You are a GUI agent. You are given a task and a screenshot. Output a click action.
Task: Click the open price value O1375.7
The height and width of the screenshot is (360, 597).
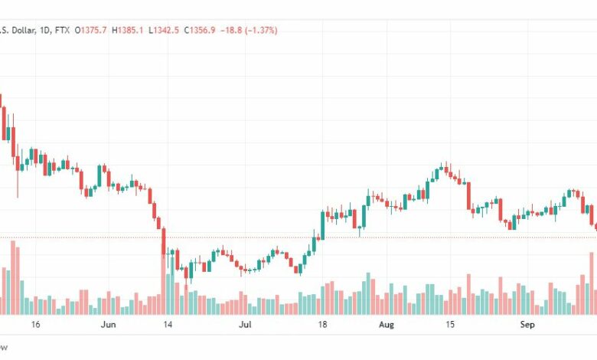pyautogui.click(x=90, y=30)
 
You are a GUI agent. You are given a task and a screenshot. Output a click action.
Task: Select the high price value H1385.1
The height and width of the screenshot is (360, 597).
pyautogui.click(x=128, y=30)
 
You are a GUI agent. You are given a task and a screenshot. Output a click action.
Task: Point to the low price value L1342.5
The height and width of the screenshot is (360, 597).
pyautogui.click(x=164, y=30)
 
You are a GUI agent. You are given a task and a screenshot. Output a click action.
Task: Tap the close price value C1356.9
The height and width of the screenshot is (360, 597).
pyautogui.click(x=200, y=30)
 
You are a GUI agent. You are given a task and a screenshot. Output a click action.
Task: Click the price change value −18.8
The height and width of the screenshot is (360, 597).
pyautogui.click(x=231, y=30)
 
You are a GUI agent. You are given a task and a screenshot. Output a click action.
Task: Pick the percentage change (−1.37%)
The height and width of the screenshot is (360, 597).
pyautogui.click(x=261, y=30)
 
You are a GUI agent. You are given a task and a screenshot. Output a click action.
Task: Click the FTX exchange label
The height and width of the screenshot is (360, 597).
pyautogui.click(x=63, y=30)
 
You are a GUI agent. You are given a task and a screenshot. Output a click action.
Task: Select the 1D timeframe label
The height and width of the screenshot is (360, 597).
pyautogui.click(x=45, y=30)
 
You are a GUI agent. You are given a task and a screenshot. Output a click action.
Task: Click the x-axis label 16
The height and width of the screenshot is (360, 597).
pyautogui.click(x=35, y=325)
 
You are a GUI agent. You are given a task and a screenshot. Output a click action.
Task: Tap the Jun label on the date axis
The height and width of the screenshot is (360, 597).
pyautogui.click(x=109, y=325)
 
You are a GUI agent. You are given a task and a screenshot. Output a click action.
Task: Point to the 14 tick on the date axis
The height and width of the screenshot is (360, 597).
pyautogui.click(x=168, y=325)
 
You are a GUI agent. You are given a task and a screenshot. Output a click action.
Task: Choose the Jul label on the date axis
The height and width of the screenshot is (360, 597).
pyautogui.click(x=246, y=325)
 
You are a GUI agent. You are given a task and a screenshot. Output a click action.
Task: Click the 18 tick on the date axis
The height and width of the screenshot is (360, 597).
pyautogui.click(x=322, y=325)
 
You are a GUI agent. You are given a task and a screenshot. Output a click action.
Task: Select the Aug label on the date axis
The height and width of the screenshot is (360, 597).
pyautogui.click(x=387, y=325)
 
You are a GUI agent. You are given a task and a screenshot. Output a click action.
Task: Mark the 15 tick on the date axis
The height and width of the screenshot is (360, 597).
pyautogui.click(x=450, y=325)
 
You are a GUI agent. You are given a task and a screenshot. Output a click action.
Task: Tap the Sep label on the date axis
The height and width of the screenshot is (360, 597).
pyautogui.click(x=527, y=325)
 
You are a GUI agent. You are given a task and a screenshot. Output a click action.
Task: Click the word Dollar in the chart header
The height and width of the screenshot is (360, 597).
pyautogui.click(x=24, y=30)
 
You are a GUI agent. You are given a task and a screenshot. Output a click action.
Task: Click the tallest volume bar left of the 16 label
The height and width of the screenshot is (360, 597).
pyautogui.click(x=13, y=277)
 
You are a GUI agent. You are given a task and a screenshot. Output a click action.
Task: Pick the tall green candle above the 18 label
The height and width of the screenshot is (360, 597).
pyautogui.click(x=323, y=225)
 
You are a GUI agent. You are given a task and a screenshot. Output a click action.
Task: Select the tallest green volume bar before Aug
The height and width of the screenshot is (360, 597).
pyautogui.click(x=368, y=293)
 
